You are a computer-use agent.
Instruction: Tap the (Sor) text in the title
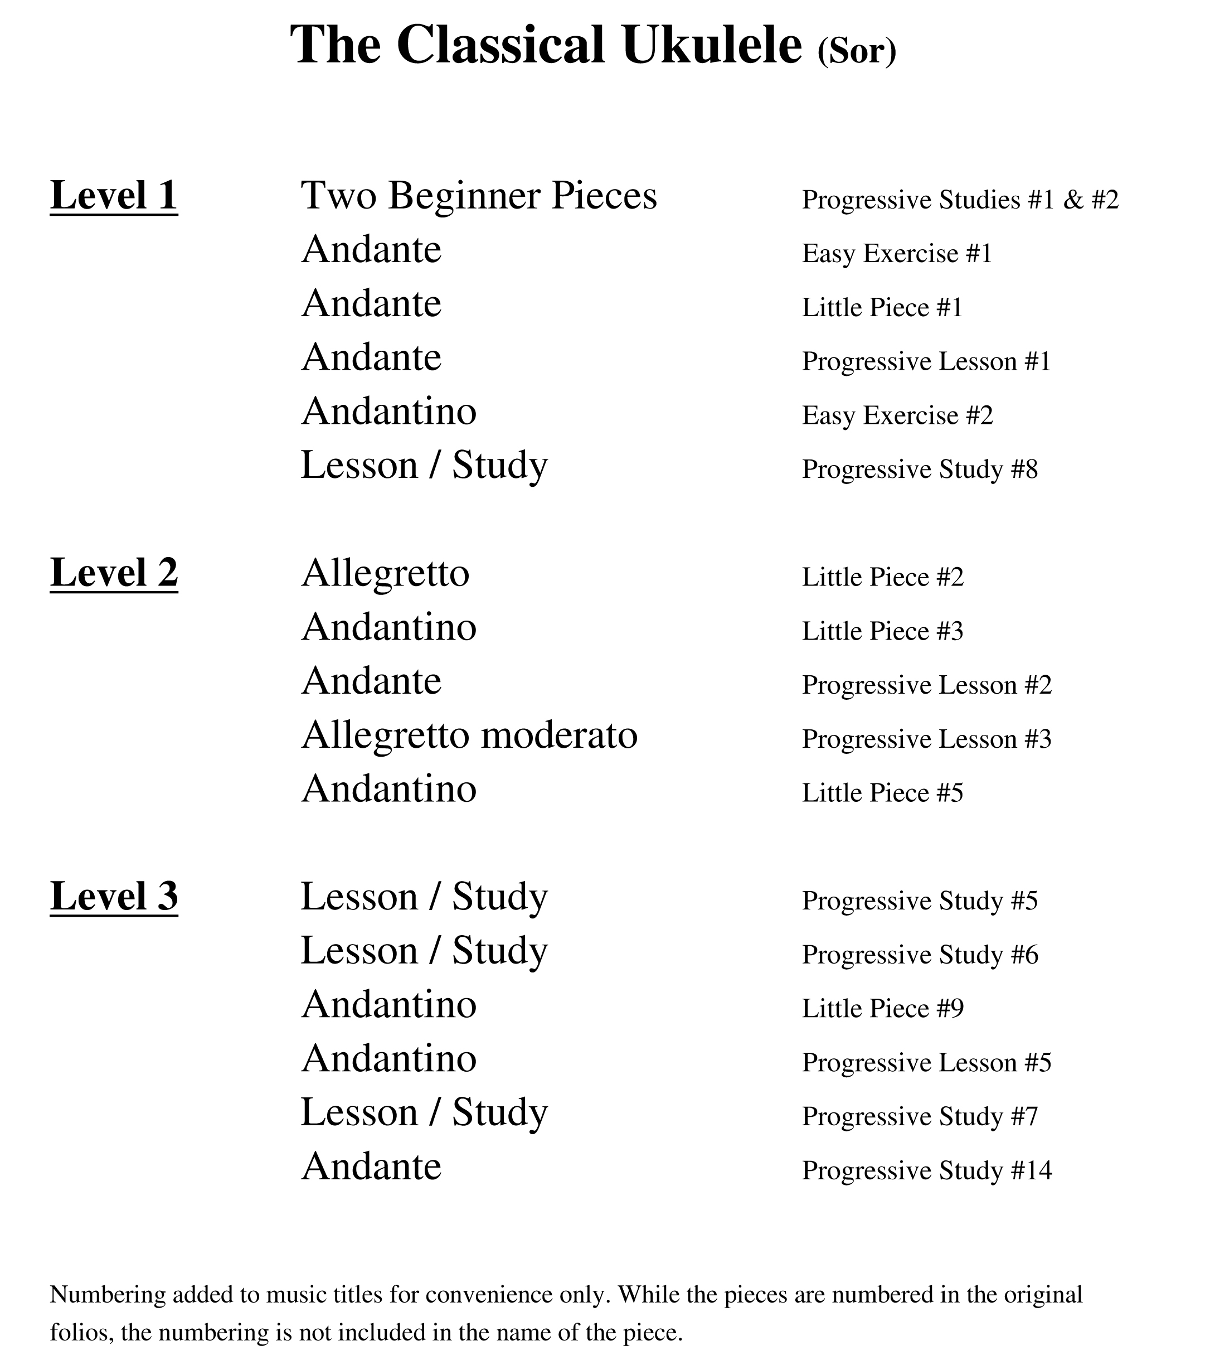[857, 51]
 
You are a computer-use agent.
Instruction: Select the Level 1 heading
[114, 196]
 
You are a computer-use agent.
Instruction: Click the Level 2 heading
[114, 573]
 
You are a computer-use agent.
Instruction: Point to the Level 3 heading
[114, 896]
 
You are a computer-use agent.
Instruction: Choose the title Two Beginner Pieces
[479, 196]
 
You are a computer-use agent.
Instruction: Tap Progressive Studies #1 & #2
[960, 200]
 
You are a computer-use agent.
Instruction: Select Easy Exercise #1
[897, 254]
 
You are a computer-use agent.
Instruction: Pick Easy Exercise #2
[897, 415]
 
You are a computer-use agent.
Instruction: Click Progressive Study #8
[919, 469]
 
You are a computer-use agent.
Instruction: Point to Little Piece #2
[883, 577]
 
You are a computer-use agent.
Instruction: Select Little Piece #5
[883, 792]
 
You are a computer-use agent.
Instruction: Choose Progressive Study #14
[927, 1170]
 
